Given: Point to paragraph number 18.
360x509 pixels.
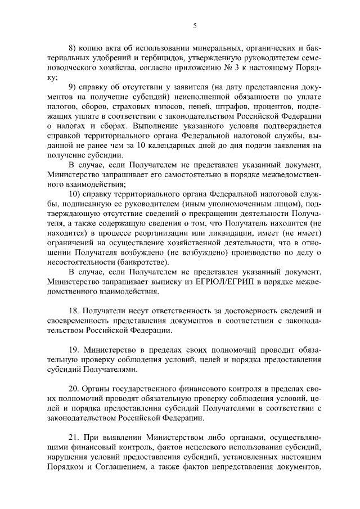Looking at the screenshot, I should pos(74,311).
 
